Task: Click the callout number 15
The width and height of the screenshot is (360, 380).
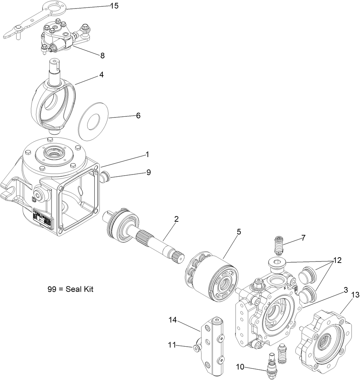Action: click(114, 6)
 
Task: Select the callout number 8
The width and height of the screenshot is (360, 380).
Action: click(102, 55)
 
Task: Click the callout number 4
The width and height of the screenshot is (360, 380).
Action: click(101, 75)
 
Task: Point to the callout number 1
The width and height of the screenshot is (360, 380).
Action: click(147, 155)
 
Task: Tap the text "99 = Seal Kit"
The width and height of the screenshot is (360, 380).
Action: click(70, 289)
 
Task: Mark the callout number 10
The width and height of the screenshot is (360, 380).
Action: click(240, 367)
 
